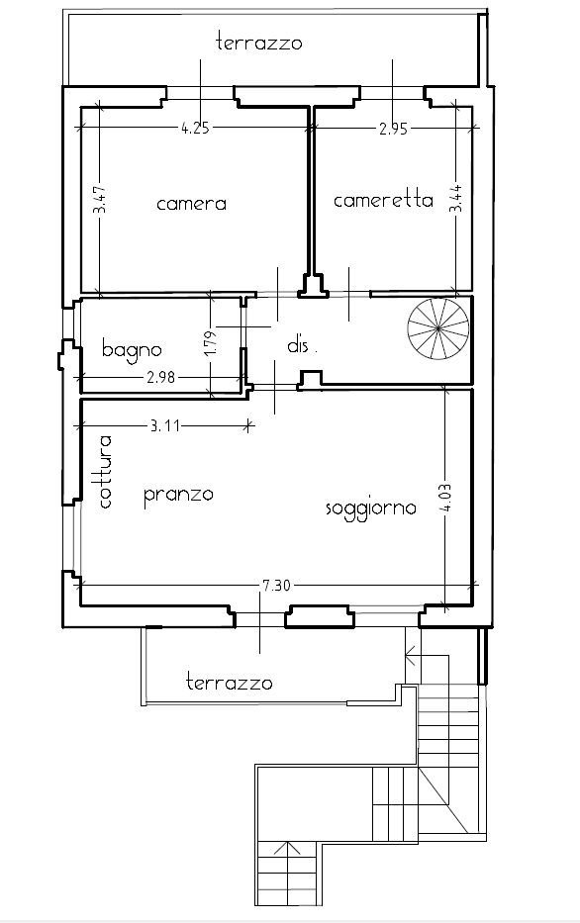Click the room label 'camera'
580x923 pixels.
pyautogui.click(x=191, y=204)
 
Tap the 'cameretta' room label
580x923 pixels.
pyautogui.click(x=383, y=200)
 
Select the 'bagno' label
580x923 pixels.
pyautogui.click(x=132, y=349)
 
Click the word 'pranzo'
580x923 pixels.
pyautogui.click(x=178, y=495)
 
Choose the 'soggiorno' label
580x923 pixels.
pyautogui.click(x=371, y=508)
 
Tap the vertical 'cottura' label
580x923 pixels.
pyautogui.click(x=105, y=472)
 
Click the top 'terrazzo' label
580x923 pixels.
pyautogui.click(x=259, y=43)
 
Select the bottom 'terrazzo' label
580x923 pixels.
pyautogui.click(x=230, y=683)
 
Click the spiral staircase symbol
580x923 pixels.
pyautogui.click(x=438, y=328)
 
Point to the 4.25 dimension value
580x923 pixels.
pyautogui.click(x=195, y=128)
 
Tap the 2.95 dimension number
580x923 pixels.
pyautogui.click(x=393, y=129)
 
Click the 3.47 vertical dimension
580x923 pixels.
pyautogui.click(x=101, y=201)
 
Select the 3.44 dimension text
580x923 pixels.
pyautogui.click(x=457, y=199)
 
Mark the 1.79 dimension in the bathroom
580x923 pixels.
pyautogui.click(x=213, y=341)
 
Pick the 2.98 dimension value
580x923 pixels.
pyautogui.click(x=160, y=377)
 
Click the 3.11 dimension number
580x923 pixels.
pyautogui.click(x=165, y=425)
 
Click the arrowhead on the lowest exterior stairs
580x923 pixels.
pyautogui.click(x=287, y=847)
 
